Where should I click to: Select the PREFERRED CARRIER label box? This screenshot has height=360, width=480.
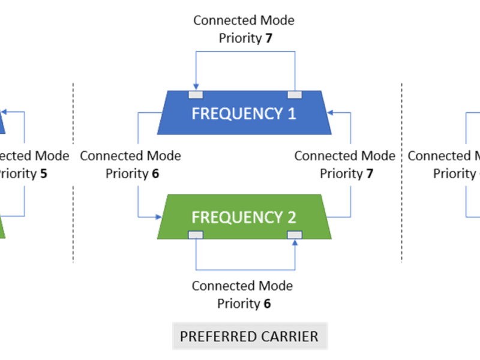(x=250, y=336)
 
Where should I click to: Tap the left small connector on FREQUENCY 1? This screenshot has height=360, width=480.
(x=196, y=95)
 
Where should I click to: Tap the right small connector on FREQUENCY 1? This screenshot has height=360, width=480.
(x=294, y=95)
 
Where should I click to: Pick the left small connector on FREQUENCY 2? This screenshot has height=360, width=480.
(x=196, y=235)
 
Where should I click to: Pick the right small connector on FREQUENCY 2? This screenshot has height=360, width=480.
(x=294, y=235)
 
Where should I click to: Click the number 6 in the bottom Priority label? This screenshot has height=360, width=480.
(x=267, y=304)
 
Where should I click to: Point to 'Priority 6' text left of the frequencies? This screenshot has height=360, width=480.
(x=132, y=174)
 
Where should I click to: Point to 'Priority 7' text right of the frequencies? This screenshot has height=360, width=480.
(x=347, y=174)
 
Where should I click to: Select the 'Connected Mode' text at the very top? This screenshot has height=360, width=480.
(x=244, y=20)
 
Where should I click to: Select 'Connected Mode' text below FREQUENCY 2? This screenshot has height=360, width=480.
(x=243, y=286)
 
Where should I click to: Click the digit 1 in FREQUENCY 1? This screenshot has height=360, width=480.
(x=292, y=113)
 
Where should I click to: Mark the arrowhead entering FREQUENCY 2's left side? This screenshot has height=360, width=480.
(x=159, y=215)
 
